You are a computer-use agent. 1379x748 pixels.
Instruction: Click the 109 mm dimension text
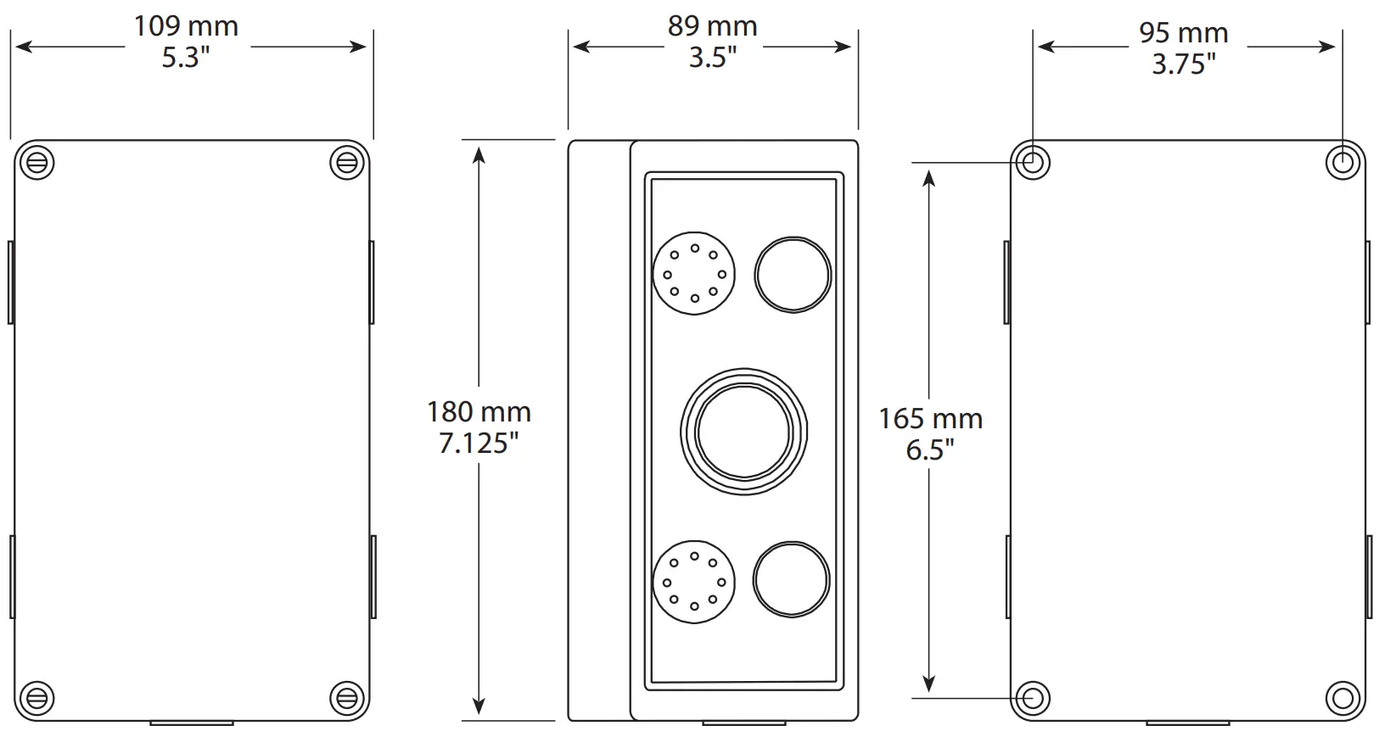click(x=186, y=26)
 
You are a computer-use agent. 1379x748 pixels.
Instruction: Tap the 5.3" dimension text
click(x=186, y=58)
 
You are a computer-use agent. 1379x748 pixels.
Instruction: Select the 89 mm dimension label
click(x=712, y=26)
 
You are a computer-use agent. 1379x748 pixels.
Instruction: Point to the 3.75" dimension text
click(x=1183, y=64)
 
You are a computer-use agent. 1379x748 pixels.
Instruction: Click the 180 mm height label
click(x=479, y=412)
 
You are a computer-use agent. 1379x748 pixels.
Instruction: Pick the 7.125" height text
click(x=479, y=443)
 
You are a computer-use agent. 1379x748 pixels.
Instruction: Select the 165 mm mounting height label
click(x=930, y=419)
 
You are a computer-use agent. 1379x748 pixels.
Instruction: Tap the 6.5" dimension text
click(x=930, y=449)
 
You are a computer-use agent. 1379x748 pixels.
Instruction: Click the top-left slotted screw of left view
click(x=36, y=161)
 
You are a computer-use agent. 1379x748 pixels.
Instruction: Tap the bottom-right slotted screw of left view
click(x=346, y=698)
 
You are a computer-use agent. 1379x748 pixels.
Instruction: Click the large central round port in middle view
click(x=743, y=432)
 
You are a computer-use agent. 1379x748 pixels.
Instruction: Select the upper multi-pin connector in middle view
click(x=694, y=274)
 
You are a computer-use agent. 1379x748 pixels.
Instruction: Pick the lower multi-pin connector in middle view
click(x=694, y=582)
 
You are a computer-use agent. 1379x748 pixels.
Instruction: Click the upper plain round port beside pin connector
click(x=793, y=275)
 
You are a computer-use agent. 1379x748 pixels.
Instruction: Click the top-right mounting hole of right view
click(x=1343, y=161)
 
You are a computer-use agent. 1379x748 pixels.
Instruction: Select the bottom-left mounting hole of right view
click(x=1033, y=698)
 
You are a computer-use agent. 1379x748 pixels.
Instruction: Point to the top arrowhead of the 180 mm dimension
click(x=479, y=154)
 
